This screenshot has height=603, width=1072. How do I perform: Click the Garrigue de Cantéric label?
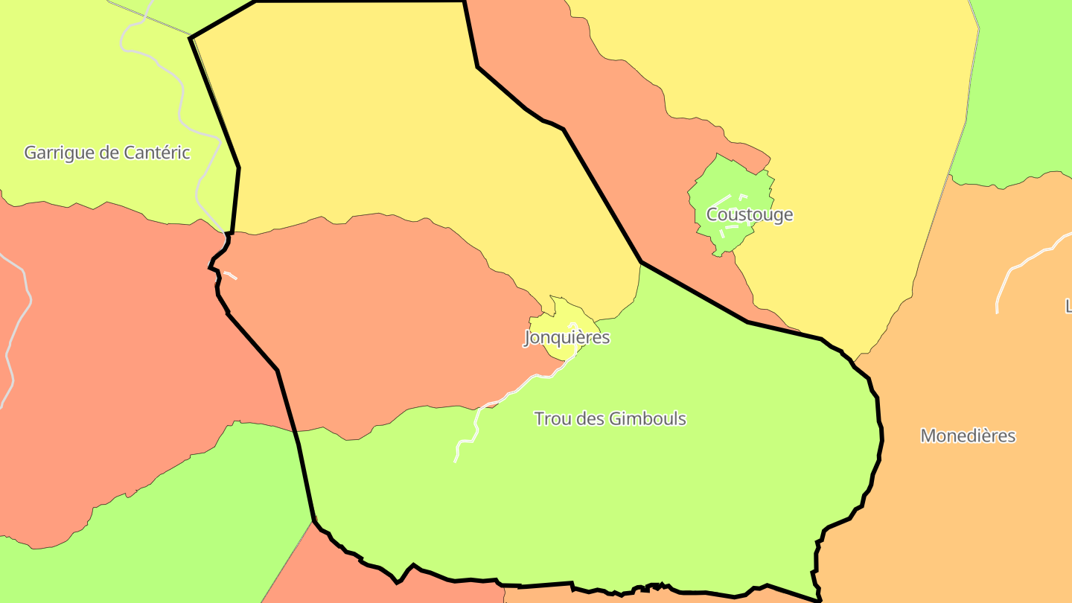tap(107, 153)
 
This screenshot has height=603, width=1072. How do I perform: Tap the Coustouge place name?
tap(749, 215)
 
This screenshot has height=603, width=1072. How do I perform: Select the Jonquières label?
tap(567, 338)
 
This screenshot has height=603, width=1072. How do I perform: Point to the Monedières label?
tap(968, 436)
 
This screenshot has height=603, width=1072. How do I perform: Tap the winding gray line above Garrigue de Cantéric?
tap(182, 89)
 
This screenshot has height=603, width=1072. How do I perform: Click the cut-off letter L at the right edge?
tap(1068, 305)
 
